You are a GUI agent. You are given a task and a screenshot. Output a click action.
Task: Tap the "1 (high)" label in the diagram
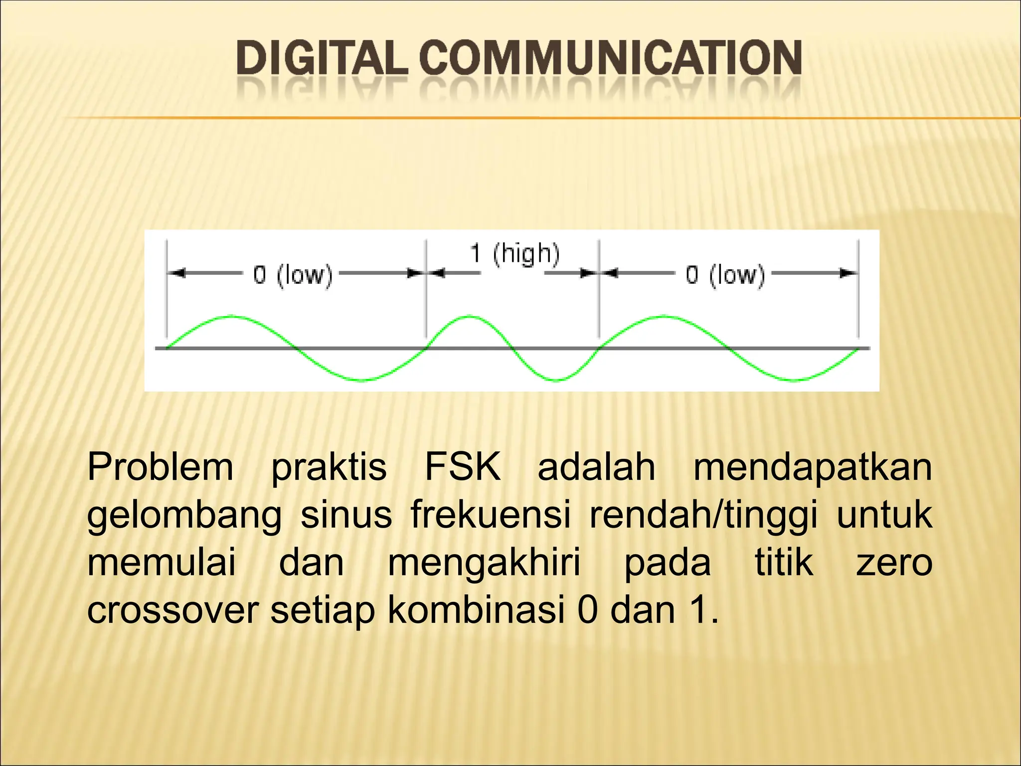pos(514,254)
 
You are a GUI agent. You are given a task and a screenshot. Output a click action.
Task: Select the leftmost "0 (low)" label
pos(293,275)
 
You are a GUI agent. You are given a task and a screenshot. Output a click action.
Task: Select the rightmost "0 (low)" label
pos(725,275)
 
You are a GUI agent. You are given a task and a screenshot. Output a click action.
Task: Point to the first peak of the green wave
pos(230,316)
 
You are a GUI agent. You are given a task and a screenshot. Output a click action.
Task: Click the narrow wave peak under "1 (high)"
pos(469,316)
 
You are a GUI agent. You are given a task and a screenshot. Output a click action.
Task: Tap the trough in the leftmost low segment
pos(363,381)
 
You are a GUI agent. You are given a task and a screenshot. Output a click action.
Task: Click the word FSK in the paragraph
pos(462,467)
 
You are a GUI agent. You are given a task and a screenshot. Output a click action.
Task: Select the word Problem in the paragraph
pos(160,467)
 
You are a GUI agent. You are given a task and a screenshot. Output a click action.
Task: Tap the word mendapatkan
pos(812,467)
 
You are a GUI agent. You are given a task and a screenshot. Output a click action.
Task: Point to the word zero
pos(893,563)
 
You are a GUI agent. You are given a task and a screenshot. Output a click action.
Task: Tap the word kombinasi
pos(476,610)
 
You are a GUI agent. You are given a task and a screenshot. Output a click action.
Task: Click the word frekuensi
pos(491,515)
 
